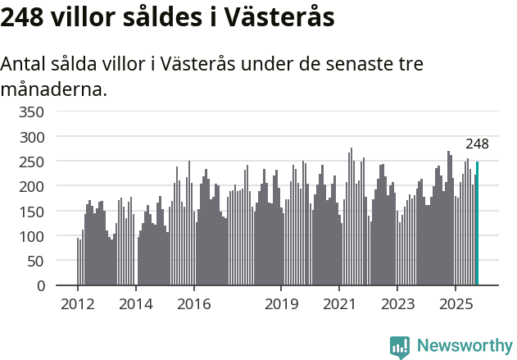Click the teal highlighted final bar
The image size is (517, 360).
click(x=478, y=224)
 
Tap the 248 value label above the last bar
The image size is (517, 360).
click(x=477, y=144)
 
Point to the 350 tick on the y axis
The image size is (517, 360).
click(x=32, y=112)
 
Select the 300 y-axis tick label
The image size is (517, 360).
click(x=32, y=137)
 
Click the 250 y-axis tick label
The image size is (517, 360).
click(x=32, y=162)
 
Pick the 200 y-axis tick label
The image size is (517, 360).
click(x=32, y=186)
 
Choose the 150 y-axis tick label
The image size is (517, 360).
click(x=32, y=212)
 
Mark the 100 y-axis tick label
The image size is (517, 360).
click(x=32, y=236)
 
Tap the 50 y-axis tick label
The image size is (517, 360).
click(x=36, y=261)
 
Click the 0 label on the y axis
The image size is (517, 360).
click(x=40, y=286)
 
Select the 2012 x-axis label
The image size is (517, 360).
click(x=78, y=305)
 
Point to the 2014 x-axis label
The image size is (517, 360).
click(x=136, y=305)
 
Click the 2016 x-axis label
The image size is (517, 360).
click(x=193, y=305)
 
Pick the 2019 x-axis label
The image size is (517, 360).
click(x=281, y=305)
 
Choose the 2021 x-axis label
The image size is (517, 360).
click(x=339, y=305)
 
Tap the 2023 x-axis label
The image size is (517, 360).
click(x=397, y=305)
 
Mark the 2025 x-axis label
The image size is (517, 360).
click(x=455, y=305)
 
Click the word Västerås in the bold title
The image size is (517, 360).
click(x=279, y=18)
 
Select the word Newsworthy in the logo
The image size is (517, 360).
click(x=465, y=345)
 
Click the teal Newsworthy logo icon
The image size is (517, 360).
click(x=400, y=347)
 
